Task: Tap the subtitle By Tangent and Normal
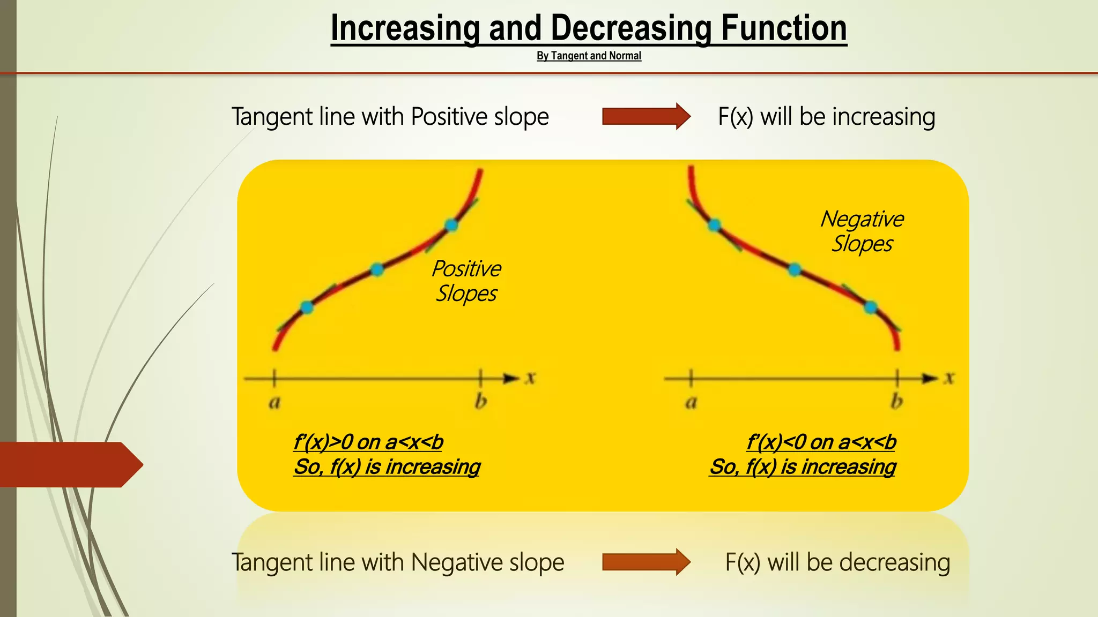[x=589, y=56]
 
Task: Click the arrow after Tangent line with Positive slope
[x=646, y=116]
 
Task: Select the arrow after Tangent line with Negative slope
[x=646, y=562]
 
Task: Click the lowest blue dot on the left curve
[x=307, y=307]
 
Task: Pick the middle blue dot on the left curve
[x=377, y=269]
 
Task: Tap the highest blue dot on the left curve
[x=451, y=225]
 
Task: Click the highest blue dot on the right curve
[x=714, y=225]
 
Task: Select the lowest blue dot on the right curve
[x=871, y=307]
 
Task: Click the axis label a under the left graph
[x=274, y=402]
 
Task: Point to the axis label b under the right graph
[x=897, y=402]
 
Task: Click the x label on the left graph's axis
[x=530, y=378]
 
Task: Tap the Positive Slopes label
[x=466, y=281]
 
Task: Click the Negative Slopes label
[x=862, y=231]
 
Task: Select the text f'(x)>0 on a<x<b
[x=368, y=442]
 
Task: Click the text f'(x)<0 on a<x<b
[x=821, y=442]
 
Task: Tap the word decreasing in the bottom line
[x=894, y=562]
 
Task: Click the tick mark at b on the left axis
[x=481, y=378]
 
